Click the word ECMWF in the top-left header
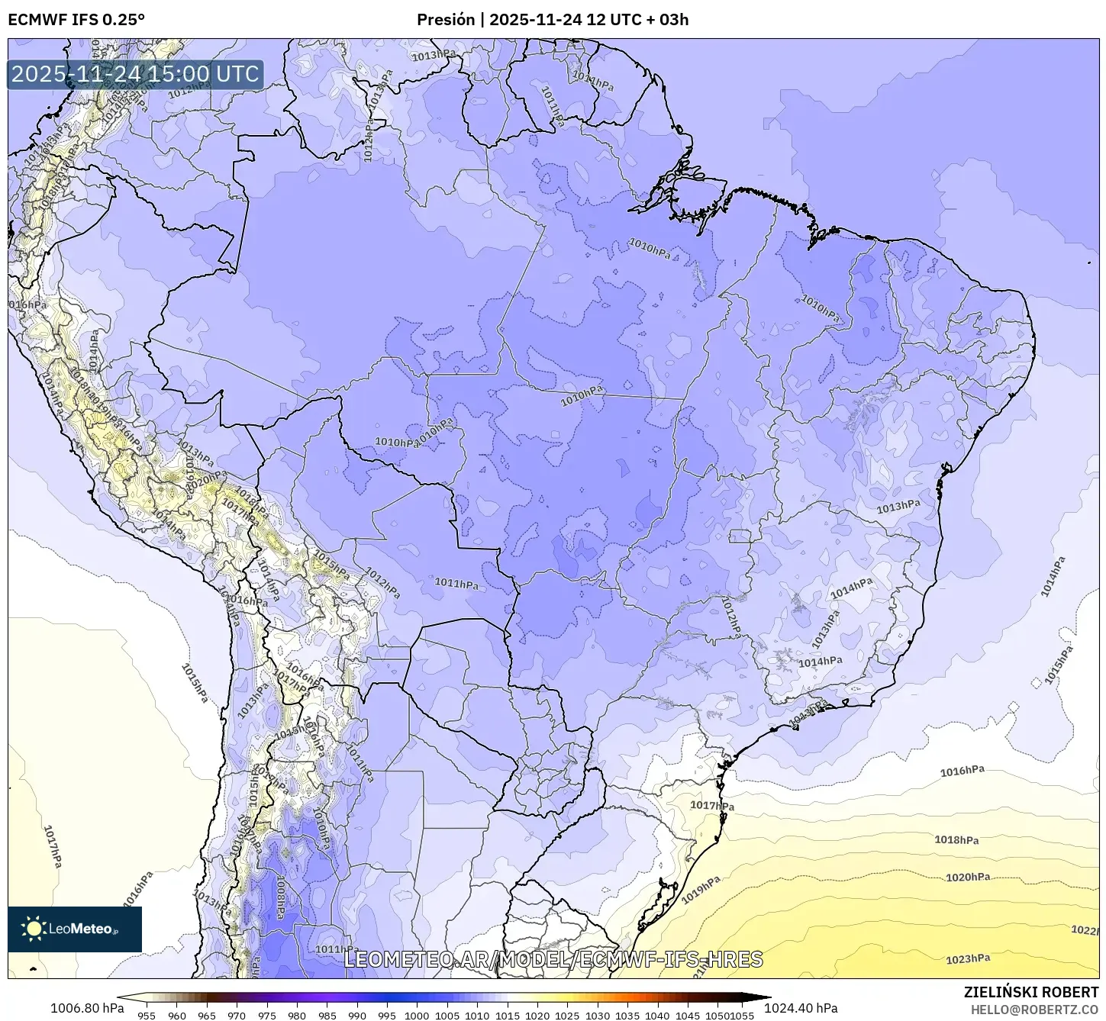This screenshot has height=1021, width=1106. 33,19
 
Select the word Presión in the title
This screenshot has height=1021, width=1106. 445,19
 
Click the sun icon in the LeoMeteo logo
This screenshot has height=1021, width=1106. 34,928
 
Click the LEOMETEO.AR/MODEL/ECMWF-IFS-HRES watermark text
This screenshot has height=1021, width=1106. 553,959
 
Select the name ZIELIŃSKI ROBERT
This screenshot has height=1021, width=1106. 1030,992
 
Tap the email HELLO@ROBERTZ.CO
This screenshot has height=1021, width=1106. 1034,1009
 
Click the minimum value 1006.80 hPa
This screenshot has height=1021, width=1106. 87,1008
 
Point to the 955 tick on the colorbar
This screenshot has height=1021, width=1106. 147,1015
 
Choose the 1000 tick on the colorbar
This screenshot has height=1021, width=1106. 417,1015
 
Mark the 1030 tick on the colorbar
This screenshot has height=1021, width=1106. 597,1015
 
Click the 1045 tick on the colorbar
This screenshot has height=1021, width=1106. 687,1015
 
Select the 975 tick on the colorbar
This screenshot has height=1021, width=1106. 266,1015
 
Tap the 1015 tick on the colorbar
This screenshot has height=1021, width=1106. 507,1015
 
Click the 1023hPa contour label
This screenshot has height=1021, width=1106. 968,959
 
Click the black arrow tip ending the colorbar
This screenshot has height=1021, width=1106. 766,997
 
